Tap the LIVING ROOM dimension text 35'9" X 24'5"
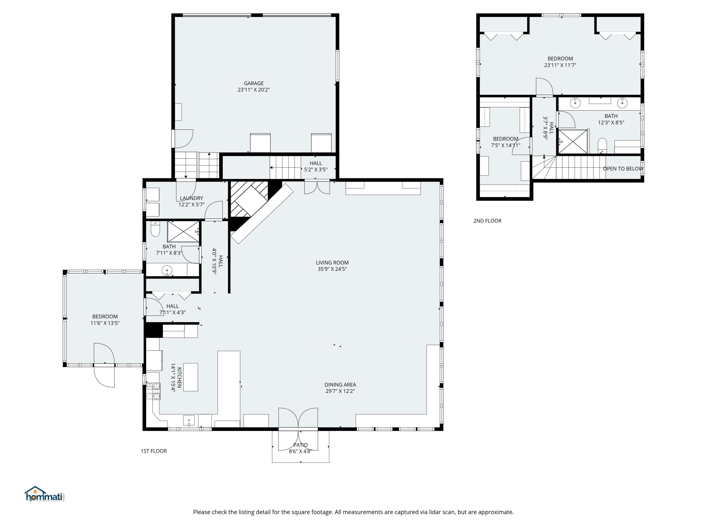click(332, 269)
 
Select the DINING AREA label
click(340, 385)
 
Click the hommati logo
click(45, 494)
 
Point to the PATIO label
click(300, 445)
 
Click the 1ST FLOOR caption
click(154, 451)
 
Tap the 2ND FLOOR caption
click(487, 221)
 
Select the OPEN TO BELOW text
click(623, 169)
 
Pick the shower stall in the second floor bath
click(573, 142)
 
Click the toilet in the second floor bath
click(602, 145)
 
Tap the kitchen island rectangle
click(190, 377)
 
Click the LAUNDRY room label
click(191, 198)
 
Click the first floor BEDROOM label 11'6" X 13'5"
click(105, 317)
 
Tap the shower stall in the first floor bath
click(183, 231)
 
